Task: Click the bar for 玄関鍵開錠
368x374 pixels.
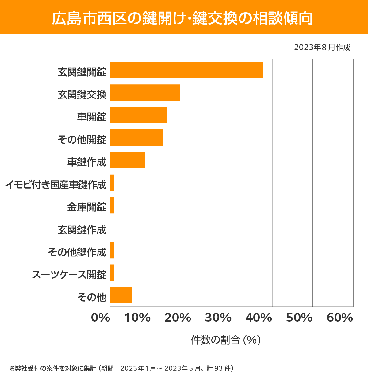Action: pyautogui.click(x=186, y=70)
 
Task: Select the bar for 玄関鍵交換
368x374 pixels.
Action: pyautogui.click(x=145, y=92)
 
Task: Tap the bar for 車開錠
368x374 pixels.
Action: pyautogui.click(x=138, y=115)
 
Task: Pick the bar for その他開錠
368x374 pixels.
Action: pyautogui.click(x=136, y=137)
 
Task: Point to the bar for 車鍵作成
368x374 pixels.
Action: pyautogui.click(x=127, y=160)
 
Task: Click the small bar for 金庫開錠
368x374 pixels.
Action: pyautogui.click(x=112, y=205)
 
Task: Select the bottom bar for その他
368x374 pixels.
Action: pyautogui.click(x=121, y=295)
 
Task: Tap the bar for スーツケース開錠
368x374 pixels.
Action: pyautogui.click(x=112, y=273)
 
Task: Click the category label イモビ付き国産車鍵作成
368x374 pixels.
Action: pyautogui.click(x=56, y=185)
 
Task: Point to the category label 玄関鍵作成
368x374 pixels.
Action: pyautogui.click(x=82, y=230)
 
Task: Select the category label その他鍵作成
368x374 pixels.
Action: pyautogui.click(x=77, y=252)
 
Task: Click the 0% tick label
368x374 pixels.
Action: pyautogui.click(x=101, y=318)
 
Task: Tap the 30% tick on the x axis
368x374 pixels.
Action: pyautogui.click(x=218, y=318)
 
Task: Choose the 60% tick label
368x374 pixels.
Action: pyautogui.click(x=339, y=318)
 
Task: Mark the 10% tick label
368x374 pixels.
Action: pyautogui.click(x=137, y=318)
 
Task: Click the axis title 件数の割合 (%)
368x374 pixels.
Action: pyautogui.click(x=226, y=340)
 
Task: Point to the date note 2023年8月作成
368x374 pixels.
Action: pyautogui.click(x=322, y=48)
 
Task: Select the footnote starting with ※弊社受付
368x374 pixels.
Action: pyautogui.click(x=122, y=368)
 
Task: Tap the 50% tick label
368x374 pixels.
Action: pyautogui.click(x=299, y=318)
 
